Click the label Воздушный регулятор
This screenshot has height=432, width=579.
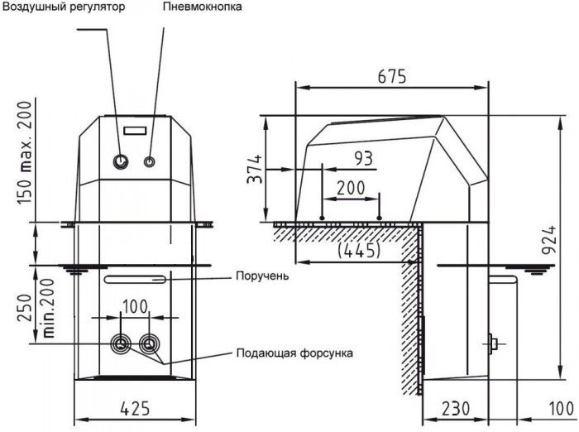click(64, 7)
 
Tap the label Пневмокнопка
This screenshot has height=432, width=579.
click(203, 7)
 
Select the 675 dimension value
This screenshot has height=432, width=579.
click(392, 76)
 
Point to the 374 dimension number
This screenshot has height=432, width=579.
click(254, 169)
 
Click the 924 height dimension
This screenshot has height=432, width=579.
click(549, 240)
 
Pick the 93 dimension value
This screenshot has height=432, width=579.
click(364, 158)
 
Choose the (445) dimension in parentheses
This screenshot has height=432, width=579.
click(359, 251)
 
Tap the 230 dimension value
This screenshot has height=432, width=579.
click(456, 408)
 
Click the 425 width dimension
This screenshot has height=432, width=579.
click(136, 408)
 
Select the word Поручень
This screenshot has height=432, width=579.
click(262, 276)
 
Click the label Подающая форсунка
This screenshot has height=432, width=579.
click(294, 353)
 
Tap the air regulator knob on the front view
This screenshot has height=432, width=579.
click(120, 161)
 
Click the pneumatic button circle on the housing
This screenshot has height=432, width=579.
click(149, 161)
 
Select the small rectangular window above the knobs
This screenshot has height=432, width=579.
click(135, 131)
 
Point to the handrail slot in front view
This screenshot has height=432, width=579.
click(135, 280)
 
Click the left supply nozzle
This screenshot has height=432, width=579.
click(121, 344)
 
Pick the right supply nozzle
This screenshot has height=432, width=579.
click(149, 344)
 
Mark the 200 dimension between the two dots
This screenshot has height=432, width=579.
click(351, 188)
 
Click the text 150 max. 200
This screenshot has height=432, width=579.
click(25, 153)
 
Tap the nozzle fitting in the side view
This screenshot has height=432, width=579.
click(493, 344)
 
